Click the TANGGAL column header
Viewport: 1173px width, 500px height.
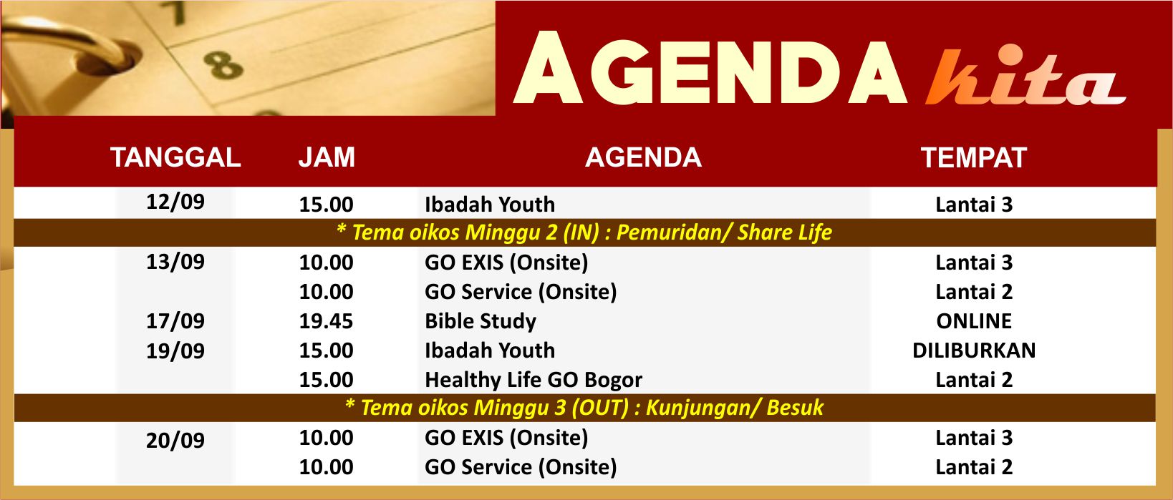175,157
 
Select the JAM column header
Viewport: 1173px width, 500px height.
327,157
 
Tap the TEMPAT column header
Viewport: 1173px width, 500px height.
973,158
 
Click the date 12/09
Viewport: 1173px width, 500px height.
175,202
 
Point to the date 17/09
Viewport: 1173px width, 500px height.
175,321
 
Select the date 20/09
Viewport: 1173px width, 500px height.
175,441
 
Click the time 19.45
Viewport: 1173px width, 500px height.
327,321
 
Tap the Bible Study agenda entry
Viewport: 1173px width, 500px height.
481,321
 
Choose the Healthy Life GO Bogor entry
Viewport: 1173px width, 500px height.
534,380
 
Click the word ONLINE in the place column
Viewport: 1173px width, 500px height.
974,321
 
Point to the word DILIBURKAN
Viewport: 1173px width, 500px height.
974,351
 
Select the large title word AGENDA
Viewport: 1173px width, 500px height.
710,68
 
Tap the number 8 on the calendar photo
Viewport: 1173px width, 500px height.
223,65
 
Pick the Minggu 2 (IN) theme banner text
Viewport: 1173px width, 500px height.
584,232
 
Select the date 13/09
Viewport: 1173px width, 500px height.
175,262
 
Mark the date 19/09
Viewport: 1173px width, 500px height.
175,351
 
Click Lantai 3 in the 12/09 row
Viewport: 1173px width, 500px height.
974,205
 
